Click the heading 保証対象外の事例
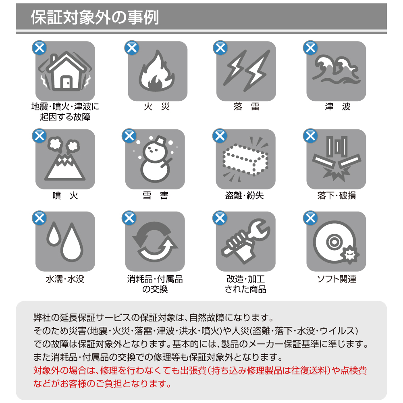[x=95, y=17]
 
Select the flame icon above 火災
[x=156, y=71]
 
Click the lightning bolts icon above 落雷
[x=247, y=71]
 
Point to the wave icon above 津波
[x=336, y=69]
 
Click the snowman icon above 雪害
[x=156, y=159]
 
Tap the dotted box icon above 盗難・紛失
[x=245, y=159]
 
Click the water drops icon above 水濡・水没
[x=65, y=241]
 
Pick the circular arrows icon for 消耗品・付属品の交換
[x=155, y=241]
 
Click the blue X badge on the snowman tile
[x=129, y=136]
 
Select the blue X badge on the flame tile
[x=132, y=48]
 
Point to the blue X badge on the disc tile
[x=310, y=218]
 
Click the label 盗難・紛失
[x=245, y=195]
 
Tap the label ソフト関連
[x=337, y=279]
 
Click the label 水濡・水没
[x=65, y=279]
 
